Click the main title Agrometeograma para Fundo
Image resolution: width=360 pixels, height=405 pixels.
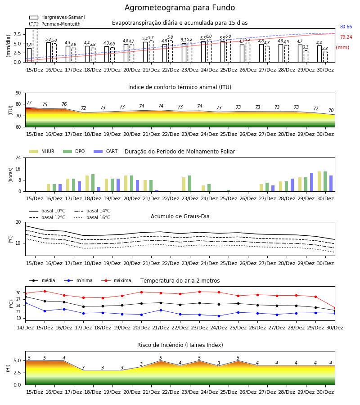(180, 8)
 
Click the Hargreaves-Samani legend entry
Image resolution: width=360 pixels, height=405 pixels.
(57, 17)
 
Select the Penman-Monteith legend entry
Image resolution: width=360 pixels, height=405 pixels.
(55, 24)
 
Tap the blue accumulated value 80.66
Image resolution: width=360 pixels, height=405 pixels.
(346, 27)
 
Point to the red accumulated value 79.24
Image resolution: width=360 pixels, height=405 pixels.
(346, 37)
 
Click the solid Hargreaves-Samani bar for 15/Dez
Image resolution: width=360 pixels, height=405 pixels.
(29, 55)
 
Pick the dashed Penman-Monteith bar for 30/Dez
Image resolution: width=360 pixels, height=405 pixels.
(325, 57)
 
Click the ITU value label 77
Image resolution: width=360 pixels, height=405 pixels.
(29, 103)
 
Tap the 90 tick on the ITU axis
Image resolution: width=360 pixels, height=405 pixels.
(18, 93)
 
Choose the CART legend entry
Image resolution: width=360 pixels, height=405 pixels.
(106, 151)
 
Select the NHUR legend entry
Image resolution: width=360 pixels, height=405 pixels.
(42, 151)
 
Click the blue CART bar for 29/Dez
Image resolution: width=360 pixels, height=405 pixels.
(311, 182)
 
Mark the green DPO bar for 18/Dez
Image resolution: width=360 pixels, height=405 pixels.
(93, 183)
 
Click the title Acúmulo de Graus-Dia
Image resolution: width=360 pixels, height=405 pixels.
(180, 216)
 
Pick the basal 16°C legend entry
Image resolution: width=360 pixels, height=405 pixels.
(92, 217)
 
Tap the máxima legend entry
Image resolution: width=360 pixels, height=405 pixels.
(116, 280)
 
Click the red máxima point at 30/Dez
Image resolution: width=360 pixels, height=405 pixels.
(335, 308)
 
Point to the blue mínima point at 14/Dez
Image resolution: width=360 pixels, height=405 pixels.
(25, 303)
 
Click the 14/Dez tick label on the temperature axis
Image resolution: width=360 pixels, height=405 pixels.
(25, 328)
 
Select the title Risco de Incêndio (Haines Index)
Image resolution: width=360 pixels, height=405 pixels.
(180, 345)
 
